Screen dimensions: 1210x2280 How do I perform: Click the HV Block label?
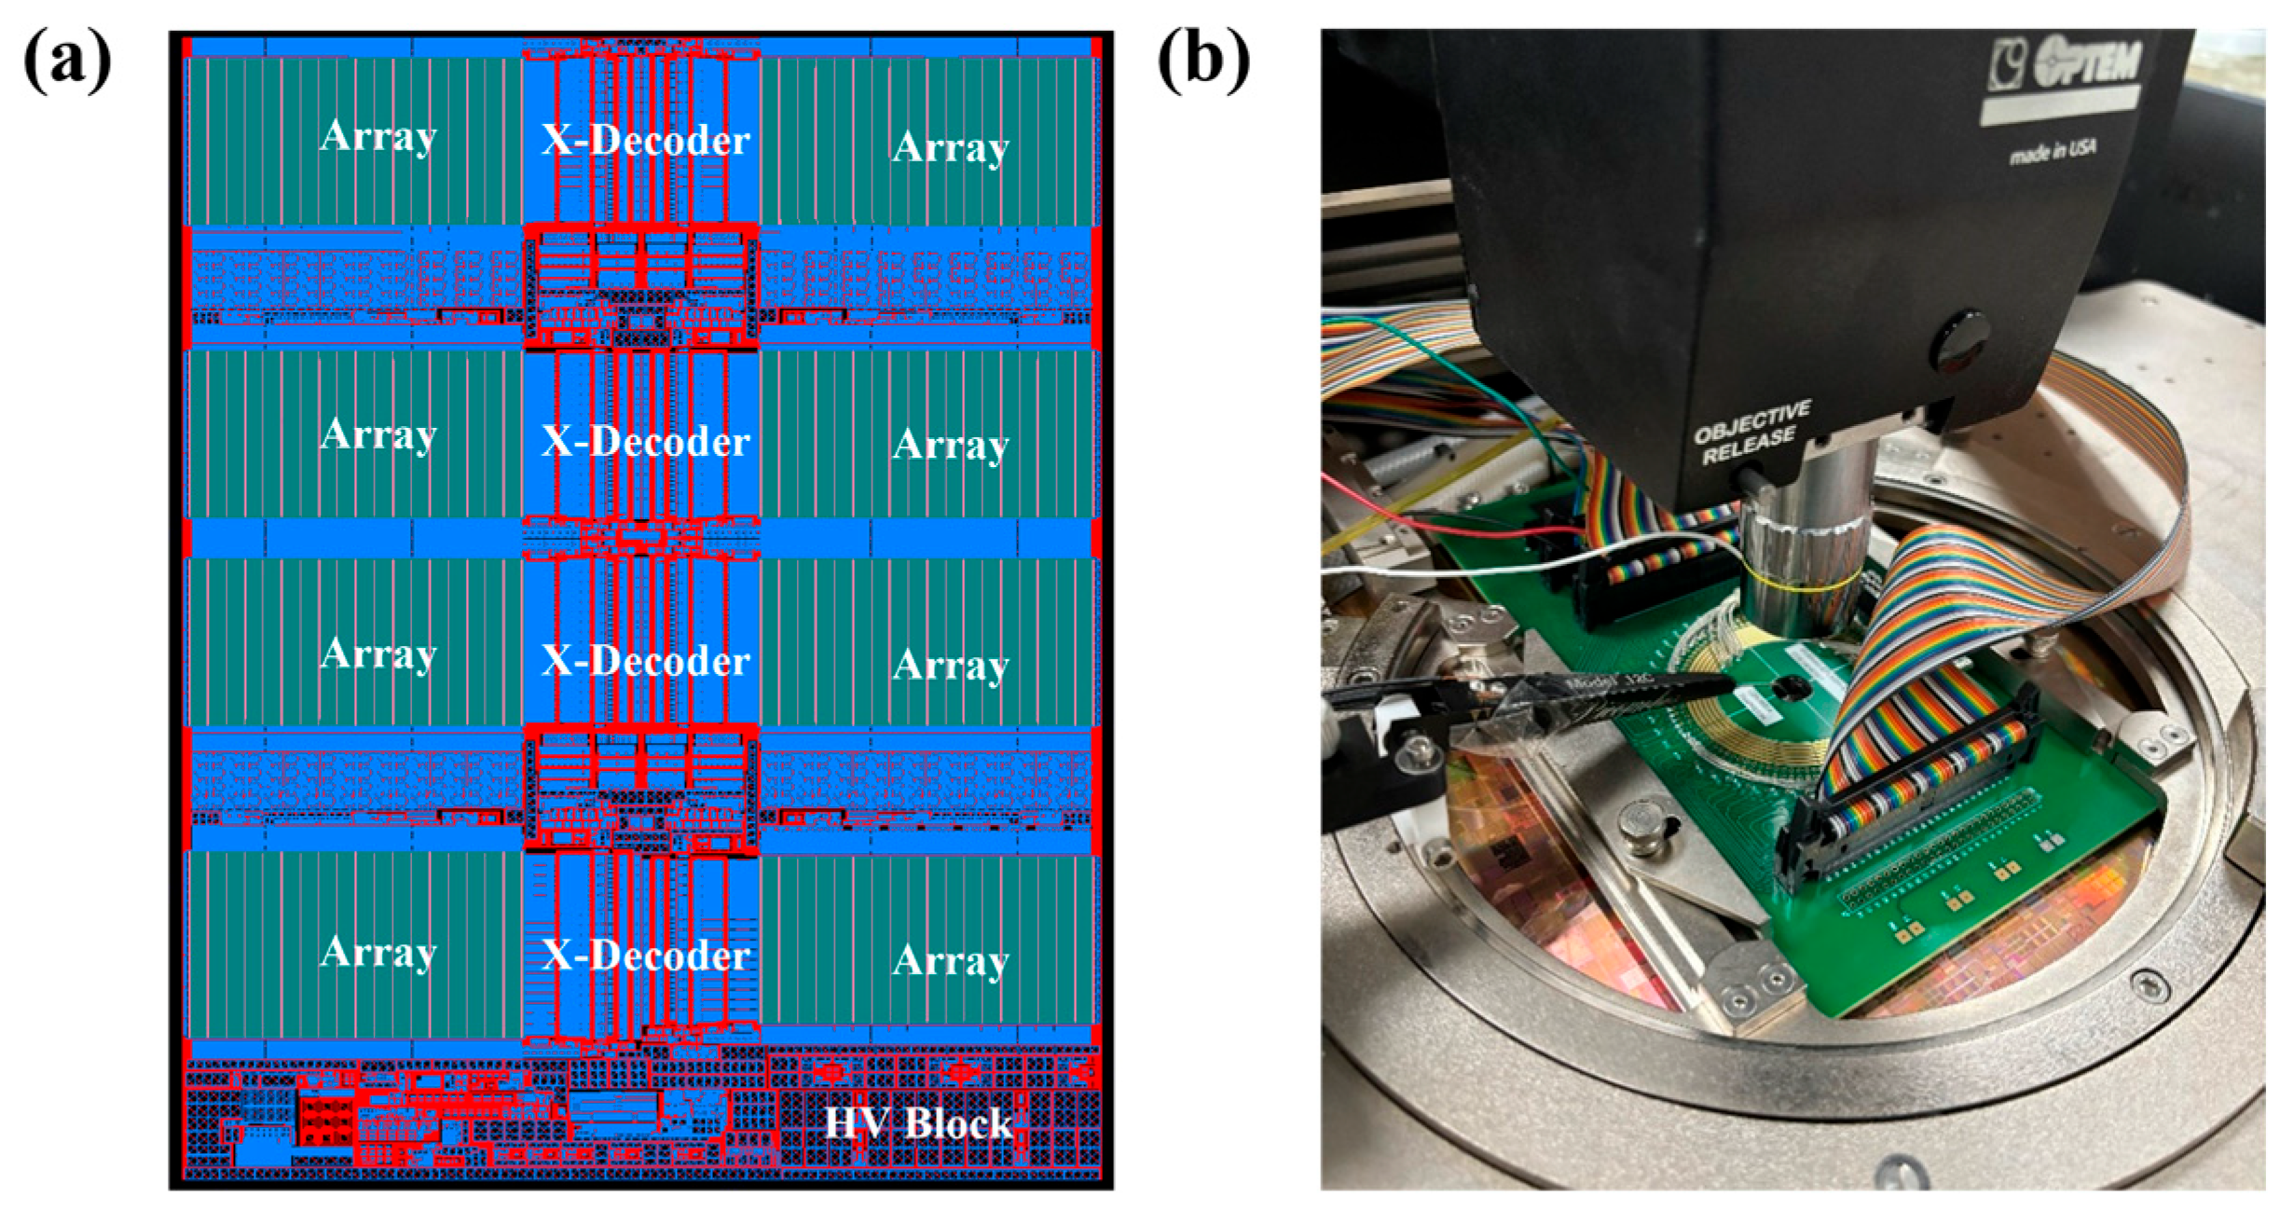(x=917, y=1122)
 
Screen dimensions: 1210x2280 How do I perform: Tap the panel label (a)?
(x=67, y=60)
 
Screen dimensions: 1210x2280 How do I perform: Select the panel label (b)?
(x=1202, y=60)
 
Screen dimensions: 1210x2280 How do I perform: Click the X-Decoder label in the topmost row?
(x=645, y=141)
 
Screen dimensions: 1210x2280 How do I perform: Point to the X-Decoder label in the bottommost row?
(x=645, y=955)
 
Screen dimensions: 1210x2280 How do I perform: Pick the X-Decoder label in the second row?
(x=645, y=441)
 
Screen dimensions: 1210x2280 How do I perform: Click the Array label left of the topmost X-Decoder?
(x=378, y=137)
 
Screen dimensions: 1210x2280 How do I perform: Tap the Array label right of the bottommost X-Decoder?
(x=950, y=960)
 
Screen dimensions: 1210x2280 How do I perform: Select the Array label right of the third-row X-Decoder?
(x=950, y=665)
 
